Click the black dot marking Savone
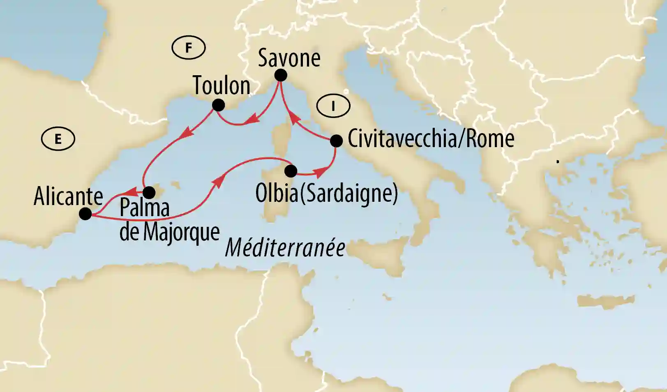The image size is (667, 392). tap(280, 75)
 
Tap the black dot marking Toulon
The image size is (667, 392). tap(218, 105)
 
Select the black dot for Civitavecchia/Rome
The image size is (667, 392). tap(336, 141)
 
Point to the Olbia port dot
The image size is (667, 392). tap(291, 171)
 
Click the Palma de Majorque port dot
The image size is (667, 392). tap(149, 192)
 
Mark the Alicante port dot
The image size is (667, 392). tap(85, 214)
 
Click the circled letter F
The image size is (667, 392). tap(189, 48)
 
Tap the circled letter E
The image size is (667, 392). tap(58, 139)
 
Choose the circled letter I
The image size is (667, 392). tap(333, 106)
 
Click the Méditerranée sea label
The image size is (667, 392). tap(285, 248)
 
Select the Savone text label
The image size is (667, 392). tap(289, 58)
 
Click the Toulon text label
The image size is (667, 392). tap(222, 85)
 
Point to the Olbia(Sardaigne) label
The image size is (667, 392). tap(327, 193)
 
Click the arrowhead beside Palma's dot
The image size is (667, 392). tap(130, 192)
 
